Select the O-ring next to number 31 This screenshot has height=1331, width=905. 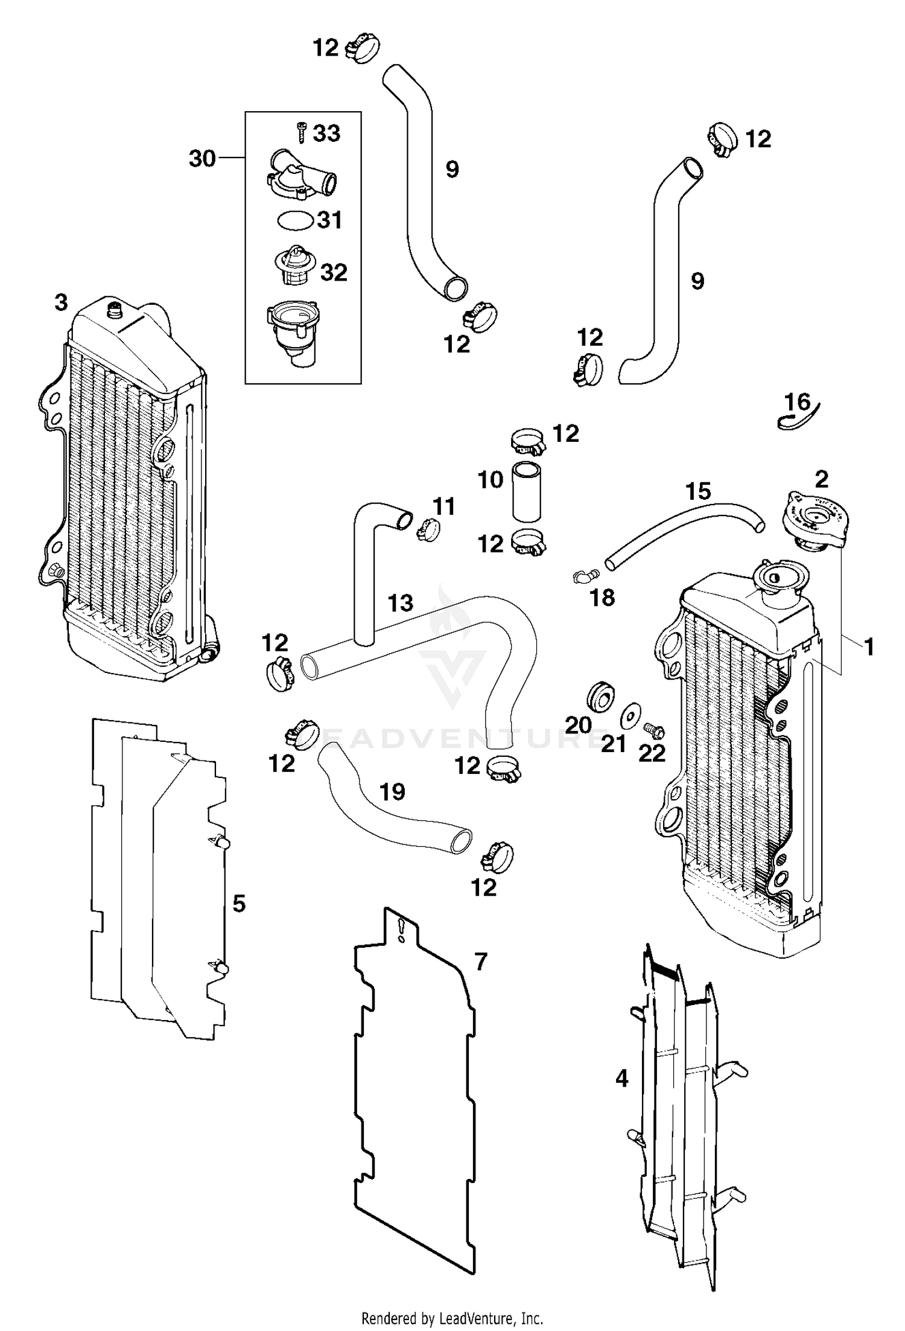click(295, 220)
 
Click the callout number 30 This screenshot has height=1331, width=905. click(202, 159)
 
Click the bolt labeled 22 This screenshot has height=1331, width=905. click(654, 731)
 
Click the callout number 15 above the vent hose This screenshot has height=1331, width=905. click(698, 491)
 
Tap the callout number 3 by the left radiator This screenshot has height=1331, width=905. click(61, 302)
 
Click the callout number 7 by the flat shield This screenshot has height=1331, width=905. click(480, 962)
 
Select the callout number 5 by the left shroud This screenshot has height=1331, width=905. click(239, 904)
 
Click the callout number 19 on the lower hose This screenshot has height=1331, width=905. click(393, 791)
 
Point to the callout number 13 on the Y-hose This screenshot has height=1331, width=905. click(401, 602)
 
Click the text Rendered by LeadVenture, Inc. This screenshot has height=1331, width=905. click(452, 1317)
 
